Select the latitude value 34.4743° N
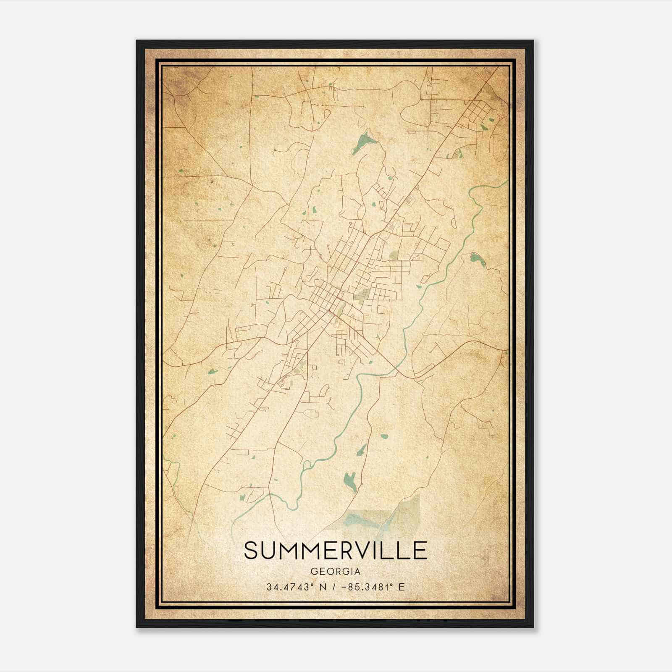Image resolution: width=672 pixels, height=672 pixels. tap(296, 587)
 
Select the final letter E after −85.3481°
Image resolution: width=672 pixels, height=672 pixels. tap(402, 587)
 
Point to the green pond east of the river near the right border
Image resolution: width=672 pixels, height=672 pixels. tap(477, 260)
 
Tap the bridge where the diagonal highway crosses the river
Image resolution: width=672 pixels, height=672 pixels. tap(396, 370)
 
